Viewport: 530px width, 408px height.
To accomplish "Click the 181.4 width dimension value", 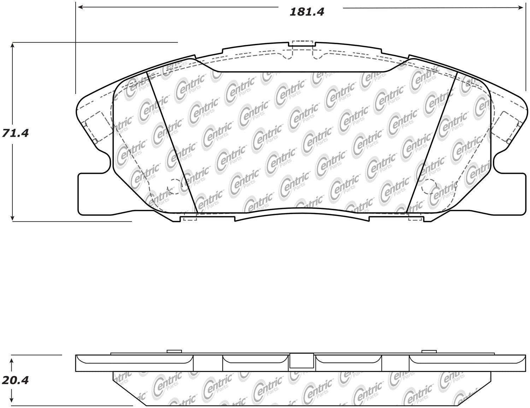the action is (x=307, y=12).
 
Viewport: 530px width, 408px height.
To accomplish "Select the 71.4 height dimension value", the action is (x=15, y=133).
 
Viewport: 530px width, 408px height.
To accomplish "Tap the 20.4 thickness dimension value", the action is (x=15, y=380).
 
